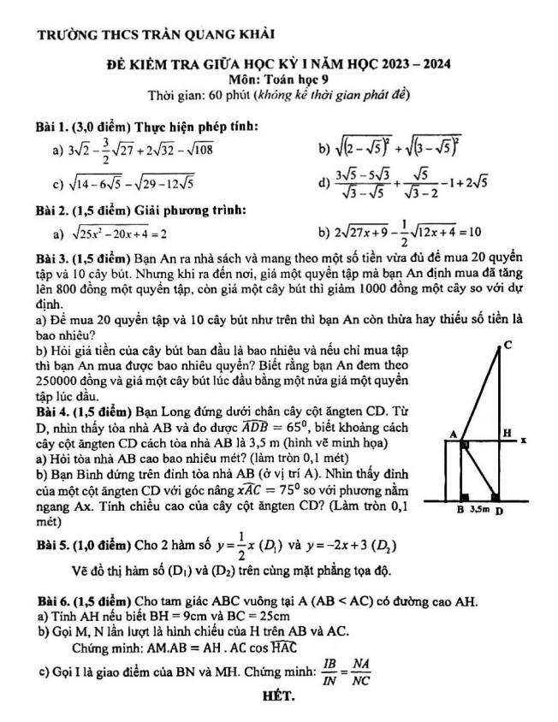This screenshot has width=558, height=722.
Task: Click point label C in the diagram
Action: tap(508, 344)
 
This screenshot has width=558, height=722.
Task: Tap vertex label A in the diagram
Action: tap(453, 435)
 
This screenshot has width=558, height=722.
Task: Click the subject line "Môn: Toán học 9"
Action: tap(279, 79)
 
